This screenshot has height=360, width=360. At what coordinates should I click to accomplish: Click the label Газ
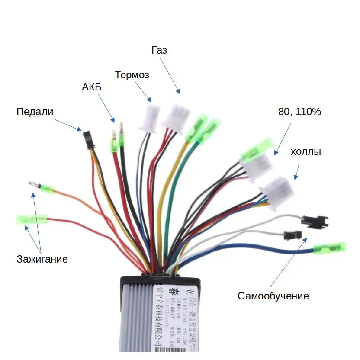click(159, 50)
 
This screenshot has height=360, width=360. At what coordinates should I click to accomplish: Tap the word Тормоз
click(132, 75)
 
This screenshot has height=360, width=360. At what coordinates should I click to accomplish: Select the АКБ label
click(91, 87)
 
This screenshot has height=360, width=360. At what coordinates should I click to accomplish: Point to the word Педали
click(35, 112)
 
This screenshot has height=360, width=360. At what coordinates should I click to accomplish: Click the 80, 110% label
click(299, 112)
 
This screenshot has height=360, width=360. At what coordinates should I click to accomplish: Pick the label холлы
click(305, 152)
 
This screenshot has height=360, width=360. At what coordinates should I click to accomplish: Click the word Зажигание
click(42, 259)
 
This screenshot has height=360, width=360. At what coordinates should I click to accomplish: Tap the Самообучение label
click(273, 296)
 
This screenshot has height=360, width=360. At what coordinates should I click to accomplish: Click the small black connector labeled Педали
click(88, 138)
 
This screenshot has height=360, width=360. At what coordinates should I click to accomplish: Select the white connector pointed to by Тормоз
click(149, 117)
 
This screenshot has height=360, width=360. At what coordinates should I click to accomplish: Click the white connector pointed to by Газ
click(177, 116)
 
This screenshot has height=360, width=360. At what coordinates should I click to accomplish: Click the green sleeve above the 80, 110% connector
click(257, 149)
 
